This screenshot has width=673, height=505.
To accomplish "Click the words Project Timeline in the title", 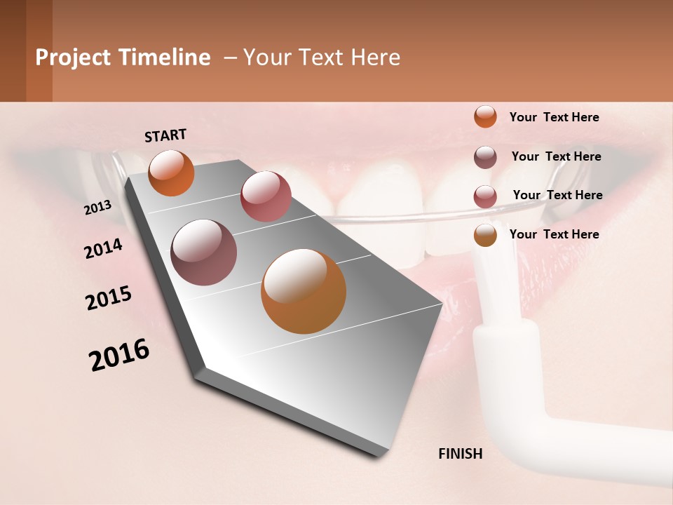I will pos(123,58).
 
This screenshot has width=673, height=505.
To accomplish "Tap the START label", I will pos(165,135).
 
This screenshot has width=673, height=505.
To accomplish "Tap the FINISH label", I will pos(460,454).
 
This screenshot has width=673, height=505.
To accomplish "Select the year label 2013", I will pos(97,208).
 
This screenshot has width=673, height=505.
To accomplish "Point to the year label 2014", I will pos(103,248).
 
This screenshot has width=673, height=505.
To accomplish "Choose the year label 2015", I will pos(109,298).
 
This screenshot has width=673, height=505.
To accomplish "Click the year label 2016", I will pos(119,355).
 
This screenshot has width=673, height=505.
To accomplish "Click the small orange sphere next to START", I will pos(171,173).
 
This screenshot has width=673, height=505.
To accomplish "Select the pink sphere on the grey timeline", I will pos(266,196).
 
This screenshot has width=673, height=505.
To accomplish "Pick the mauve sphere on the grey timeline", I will pos(204,252).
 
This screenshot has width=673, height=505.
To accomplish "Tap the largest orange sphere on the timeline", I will pos(304,291).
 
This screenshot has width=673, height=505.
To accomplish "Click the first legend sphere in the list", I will pos(485,116).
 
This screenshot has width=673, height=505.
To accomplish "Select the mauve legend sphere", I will pos(485,157).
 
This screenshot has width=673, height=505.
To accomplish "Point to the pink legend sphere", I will pos(485,196).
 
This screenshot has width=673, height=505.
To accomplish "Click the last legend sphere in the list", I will pos(485,235).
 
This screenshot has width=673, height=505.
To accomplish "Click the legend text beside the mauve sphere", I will pos(556,156).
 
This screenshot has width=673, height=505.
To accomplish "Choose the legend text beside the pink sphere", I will pos(557,195).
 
